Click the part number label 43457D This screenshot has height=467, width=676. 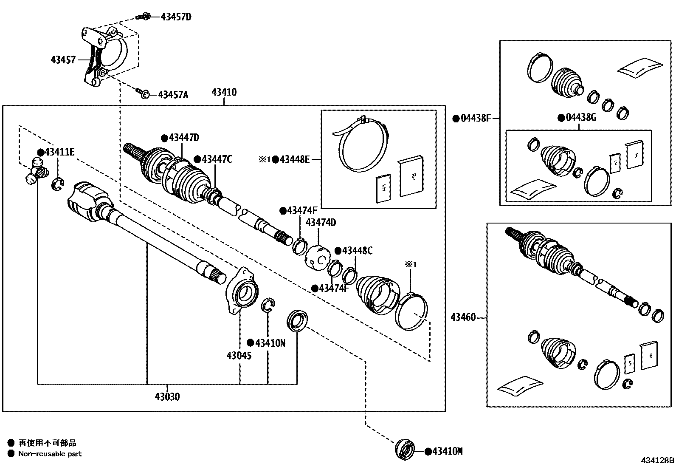(x=176, y=17)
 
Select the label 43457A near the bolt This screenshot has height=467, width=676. (x=173, y=94)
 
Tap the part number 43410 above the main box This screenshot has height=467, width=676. (x=224, y=92)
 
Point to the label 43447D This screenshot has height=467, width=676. (x=184, y=138)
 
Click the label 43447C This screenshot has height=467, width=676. (x=217, y=159)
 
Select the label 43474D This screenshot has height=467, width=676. (x=321, y=223)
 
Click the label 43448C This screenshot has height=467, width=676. (x=357, y=251)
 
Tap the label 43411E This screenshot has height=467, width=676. (x=59, y=152)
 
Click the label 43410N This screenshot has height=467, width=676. (x=270, y=342)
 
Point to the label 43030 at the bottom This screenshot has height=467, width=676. (x=167, y=397)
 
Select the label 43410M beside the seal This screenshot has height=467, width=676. (x=447, y=451)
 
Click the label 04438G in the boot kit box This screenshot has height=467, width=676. (x=581, y=118)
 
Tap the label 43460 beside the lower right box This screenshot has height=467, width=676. (x=463, y=317)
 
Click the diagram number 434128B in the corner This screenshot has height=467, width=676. (x=658, y=460)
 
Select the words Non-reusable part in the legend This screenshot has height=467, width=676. (x=50, y=453)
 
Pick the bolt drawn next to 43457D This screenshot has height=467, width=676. (x=143, y=17)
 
